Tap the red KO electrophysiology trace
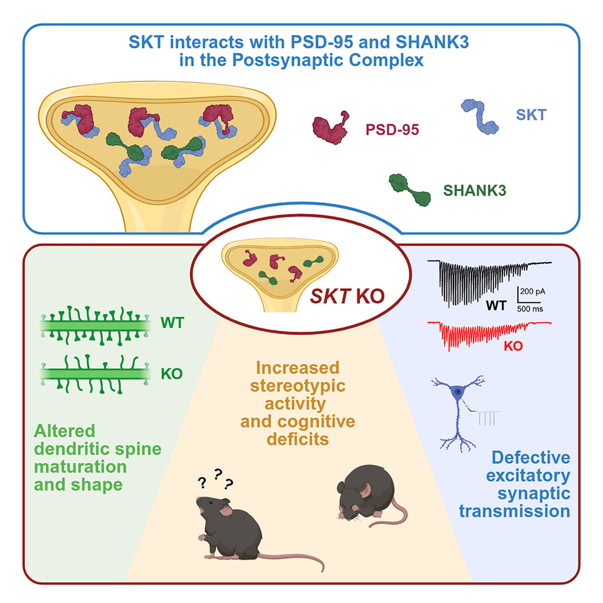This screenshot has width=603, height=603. tap(484, 332)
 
